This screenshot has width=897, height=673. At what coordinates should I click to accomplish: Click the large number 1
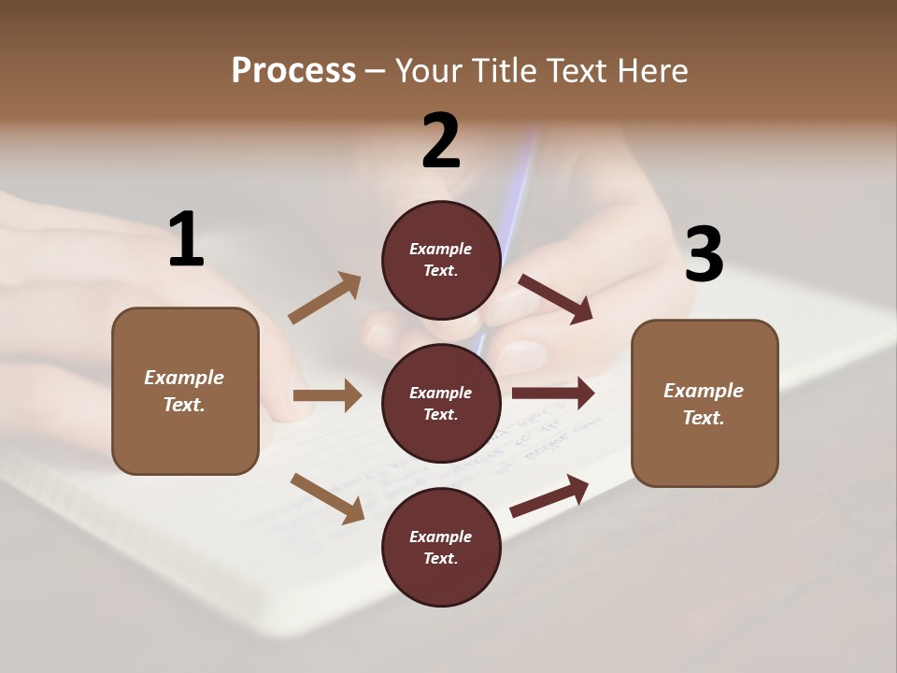(x=186, y=239)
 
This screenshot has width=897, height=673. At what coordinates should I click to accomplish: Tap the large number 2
(x=441, y=141)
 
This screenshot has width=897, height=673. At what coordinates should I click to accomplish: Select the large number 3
(x=705, y=254)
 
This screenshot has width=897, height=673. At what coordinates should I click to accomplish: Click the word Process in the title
(x=293, y=70)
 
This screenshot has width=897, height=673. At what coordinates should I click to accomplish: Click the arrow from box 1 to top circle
(x=325, y=298)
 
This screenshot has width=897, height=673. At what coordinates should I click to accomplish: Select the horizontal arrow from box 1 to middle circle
(x=327, y=395)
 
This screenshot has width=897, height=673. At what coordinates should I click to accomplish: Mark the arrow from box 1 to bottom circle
(x=328, y=498)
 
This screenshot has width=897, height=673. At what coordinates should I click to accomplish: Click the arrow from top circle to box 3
(x=556, y=298)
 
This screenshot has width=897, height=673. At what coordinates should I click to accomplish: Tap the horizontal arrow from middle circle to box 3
(x=553, y=394)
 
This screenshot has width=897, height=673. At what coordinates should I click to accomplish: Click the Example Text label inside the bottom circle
(x=441, y=548)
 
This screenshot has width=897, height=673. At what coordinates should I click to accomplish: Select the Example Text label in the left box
(x=184, y=391)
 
